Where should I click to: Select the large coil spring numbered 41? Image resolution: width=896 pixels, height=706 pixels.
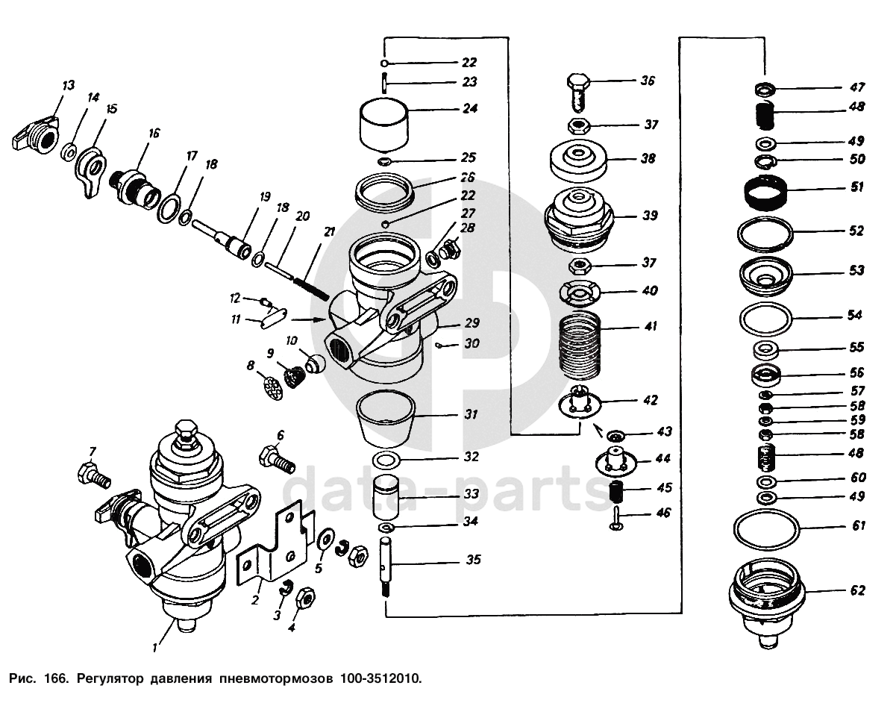580,345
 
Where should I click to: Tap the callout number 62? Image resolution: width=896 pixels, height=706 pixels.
858,590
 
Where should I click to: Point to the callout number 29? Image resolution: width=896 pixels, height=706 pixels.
472,323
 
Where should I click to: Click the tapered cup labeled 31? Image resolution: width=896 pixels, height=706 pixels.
386,418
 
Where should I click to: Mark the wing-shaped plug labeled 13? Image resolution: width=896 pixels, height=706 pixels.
35,132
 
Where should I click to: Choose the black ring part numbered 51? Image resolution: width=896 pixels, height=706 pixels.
765,193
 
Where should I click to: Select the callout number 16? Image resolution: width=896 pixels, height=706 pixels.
154,133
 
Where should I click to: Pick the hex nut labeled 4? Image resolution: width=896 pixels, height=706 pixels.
306,599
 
